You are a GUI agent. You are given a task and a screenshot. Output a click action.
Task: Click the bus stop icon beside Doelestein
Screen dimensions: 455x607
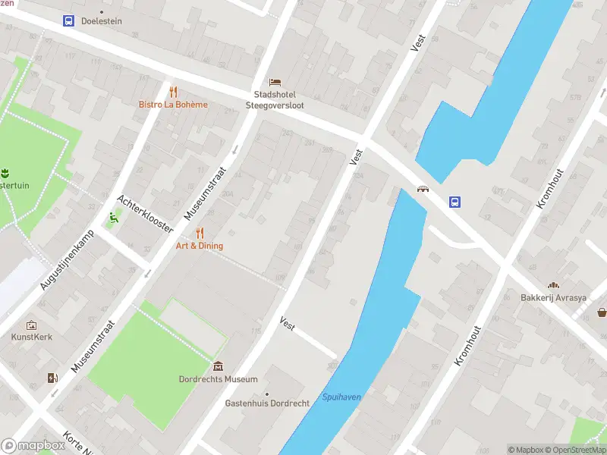[68, 21]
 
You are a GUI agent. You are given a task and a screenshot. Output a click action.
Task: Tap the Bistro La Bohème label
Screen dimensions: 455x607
[173, 105]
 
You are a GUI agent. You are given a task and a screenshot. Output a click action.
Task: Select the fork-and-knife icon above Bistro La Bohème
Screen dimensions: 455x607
[173, 92]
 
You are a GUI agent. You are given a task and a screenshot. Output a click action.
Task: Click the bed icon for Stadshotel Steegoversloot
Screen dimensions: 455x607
[275, 82]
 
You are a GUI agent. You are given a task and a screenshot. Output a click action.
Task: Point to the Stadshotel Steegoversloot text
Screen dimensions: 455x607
[278, 100]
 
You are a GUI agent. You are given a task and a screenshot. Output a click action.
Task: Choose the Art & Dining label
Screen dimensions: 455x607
[200, 246]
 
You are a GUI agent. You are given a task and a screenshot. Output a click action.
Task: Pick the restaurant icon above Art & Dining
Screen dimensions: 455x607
[200, 232]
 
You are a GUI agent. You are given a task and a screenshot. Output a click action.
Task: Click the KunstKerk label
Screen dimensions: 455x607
[32, 337]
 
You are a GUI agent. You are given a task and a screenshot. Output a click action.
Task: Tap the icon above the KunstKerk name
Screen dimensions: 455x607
[32, 325]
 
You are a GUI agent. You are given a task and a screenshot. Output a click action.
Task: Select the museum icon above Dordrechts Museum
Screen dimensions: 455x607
[219, 366]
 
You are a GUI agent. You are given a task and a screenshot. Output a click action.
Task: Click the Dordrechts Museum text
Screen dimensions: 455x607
[219, 379]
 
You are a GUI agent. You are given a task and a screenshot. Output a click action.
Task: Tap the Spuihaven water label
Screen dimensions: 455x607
[341, 397]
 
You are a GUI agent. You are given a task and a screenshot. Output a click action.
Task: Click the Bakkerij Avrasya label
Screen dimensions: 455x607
[553, 298]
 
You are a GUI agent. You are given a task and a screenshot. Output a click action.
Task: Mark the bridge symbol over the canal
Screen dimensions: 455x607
[422, 189]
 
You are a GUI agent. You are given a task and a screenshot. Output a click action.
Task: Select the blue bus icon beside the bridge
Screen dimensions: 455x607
[454, 202]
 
